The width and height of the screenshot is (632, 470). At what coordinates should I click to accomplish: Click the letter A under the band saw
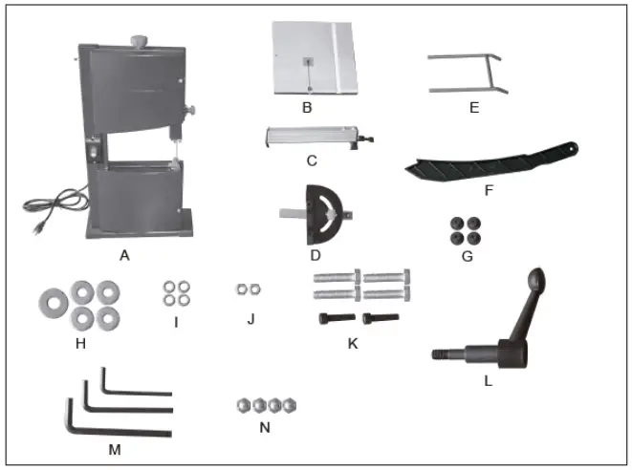tap(123, 255)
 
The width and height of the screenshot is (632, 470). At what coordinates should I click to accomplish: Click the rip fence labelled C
tap(315, 139)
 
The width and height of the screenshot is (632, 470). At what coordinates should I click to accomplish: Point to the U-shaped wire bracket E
tap(466, 74)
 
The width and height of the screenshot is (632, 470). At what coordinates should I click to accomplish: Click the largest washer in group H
tap(51, 303)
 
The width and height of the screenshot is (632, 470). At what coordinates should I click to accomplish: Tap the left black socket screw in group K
tap(332, 319)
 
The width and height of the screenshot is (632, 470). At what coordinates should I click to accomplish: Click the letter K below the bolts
tap(353, 342)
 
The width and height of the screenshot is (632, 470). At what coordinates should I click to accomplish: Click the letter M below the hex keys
tap(114, 446)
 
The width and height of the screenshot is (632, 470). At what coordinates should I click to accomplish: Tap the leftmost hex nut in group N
tap(243, 405)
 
